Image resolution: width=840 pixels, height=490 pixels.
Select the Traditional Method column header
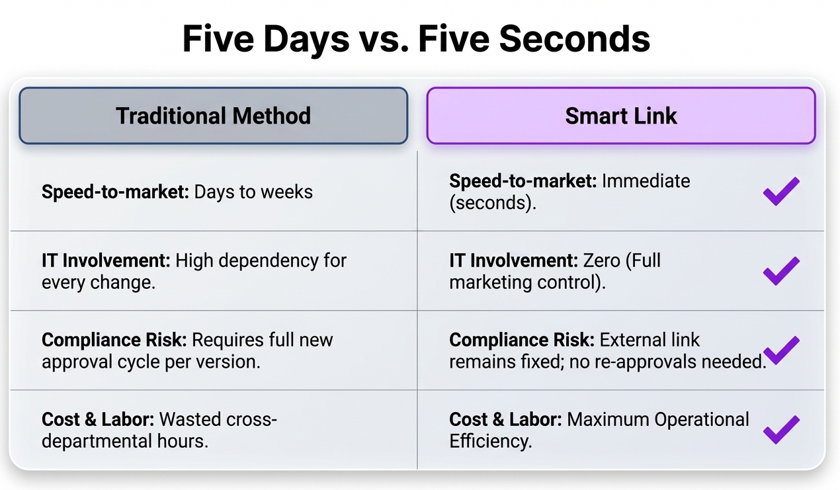(x=214, y=116)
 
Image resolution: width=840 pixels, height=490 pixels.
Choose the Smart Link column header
(x=621, y=116)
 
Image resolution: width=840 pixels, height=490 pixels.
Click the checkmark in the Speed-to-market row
(x=781, y=191)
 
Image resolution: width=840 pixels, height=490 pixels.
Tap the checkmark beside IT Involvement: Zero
(x=781, y=271)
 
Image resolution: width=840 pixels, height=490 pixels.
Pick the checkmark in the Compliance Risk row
(x=781, y=350)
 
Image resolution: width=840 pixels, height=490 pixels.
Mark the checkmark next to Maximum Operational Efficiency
(x=781, y=430)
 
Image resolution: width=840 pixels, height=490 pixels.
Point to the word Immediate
(x=646, y=181)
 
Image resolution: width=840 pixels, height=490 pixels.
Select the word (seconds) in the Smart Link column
(x=493, y=203)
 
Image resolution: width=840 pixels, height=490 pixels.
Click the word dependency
(x=268, y=261)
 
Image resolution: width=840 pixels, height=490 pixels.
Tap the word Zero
(x=601, y=261)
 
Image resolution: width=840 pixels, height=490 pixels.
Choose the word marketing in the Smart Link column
(x=491, y=283)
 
